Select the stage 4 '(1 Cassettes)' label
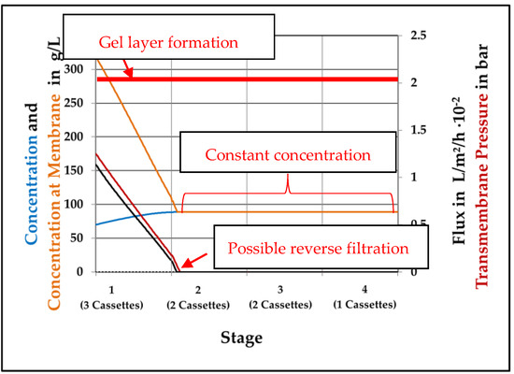[x=364, y=305]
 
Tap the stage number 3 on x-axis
[x=279, y=291]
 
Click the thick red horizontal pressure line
[x=280, y=79]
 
